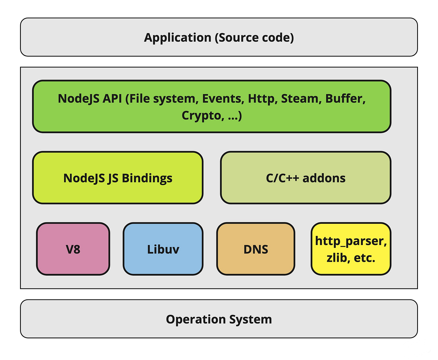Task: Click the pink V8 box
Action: click(73, 249)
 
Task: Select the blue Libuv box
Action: click(163, 249)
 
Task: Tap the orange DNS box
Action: click(255, 249)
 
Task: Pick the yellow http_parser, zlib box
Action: click(351, 249)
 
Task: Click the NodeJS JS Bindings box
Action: click(118, 178)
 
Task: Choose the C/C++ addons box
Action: click(306, 178)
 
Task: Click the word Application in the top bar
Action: click(177, 38)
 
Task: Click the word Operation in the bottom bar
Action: click(196, 319)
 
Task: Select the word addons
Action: click(324, 178)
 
